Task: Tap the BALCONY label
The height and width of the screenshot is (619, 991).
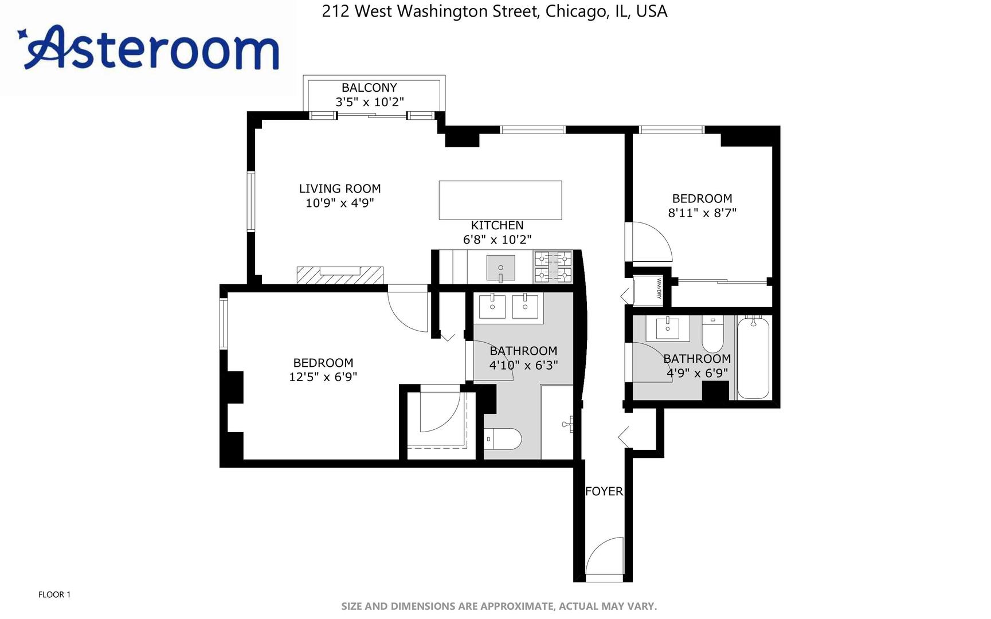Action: [x=369, y=88]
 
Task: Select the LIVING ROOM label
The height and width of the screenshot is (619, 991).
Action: [x=340, y=189]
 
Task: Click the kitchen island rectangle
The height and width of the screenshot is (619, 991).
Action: [x=500, y=200]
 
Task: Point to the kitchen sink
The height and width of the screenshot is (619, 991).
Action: [x=500, y=268]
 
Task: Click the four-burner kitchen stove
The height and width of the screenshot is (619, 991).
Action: [x=553, y=267]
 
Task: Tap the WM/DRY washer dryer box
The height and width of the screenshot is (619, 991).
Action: [x=648, y=291]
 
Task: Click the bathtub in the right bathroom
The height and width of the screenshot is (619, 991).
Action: [x=753, y=358]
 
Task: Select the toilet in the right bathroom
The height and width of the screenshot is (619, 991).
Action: [x=713, y=335]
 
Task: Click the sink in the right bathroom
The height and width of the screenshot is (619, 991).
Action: [x=667, y=328]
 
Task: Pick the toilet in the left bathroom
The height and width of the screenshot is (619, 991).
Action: [x=503, y=440]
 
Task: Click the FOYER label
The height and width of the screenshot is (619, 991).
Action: [x=604, y=491]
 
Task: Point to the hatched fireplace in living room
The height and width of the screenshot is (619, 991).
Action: [x=340, y=275]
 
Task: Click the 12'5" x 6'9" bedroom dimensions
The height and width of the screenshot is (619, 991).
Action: [x=323, y=377]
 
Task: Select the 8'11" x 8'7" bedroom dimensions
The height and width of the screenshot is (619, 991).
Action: [x=702, y=213]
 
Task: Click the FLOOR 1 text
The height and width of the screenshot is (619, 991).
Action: [x=54, y=594]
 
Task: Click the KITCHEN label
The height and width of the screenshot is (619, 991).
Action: [x=497, y=225]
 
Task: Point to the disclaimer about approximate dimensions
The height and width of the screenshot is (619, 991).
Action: [x=499, y=606]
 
